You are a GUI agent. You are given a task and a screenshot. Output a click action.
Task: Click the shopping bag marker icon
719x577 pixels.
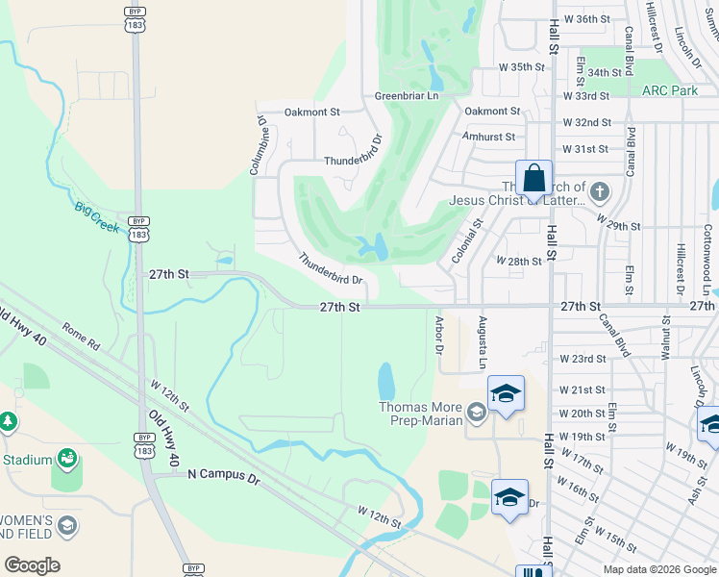(534, 178)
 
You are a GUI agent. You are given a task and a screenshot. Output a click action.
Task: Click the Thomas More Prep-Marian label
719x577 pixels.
(420, 414)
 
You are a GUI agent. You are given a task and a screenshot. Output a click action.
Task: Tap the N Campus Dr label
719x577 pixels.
(224, 474)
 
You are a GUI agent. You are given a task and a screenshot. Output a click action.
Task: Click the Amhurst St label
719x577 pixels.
(489, 137)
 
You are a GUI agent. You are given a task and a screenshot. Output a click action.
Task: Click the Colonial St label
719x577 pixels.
(465, 241)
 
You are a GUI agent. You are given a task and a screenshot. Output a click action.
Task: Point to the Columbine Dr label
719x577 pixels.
(257, 145)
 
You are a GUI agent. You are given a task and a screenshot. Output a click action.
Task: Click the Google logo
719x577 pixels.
(32, 565)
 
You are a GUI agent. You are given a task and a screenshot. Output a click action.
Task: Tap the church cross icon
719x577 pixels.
(599, 190)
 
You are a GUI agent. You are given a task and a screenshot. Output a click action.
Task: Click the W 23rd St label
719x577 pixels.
(583, 359)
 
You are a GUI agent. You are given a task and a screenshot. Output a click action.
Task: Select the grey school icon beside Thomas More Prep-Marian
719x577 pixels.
(475, 414)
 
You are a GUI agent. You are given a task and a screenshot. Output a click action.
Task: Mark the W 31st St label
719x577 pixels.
(585, 149)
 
